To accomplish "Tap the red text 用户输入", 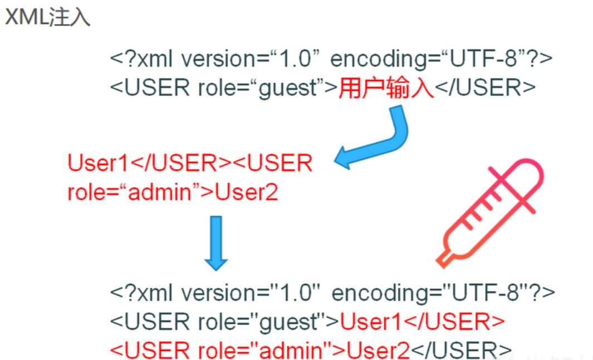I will coord(386,88).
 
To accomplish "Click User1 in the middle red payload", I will coord(98,163).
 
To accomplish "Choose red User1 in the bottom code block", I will coord(371,322).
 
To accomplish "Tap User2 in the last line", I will coord(379,351).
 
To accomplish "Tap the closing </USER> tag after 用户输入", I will coord(484,88).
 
